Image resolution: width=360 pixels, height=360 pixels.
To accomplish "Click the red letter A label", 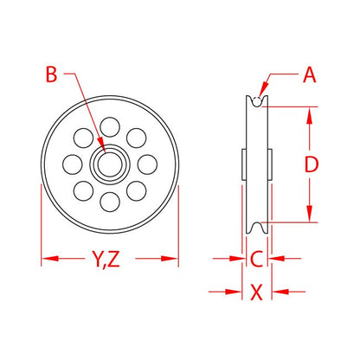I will tap(309, 76).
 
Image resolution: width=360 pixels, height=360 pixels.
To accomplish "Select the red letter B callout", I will tap(52, 76).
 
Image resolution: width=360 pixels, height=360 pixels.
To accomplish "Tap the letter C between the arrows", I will tap(255, 258).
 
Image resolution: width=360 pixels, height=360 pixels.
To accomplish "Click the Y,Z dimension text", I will tap(110, 258).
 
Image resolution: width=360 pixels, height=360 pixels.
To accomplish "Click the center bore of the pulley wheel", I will tap(110, 163).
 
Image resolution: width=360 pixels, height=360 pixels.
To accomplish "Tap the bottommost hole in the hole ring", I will tap(110, 202).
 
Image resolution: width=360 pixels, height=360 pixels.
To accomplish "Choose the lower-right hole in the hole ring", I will tap(135, 190).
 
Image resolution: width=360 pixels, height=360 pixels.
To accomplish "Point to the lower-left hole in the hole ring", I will tap(85, 190).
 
